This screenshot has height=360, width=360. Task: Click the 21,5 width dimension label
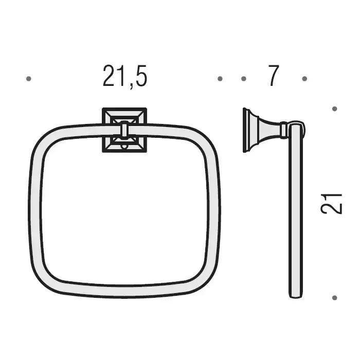(124, 76)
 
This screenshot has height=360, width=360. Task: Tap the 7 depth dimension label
(274, 75)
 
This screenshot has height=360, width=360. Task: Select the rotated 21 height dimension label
(331, 204)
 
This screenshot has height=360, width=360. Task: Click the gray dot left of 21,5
(28, 79)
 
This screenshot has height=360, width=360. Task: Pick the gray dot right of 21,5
(220, 79)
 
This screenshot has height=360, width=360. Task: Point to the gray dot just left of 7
(244, 79)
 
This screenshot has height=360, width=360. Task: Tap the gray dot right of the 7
(304, 79)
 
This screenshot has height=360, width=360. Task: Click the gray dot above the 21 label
(334, 109)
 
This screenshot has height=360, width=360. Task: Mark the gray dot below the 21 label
(334, 298)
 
